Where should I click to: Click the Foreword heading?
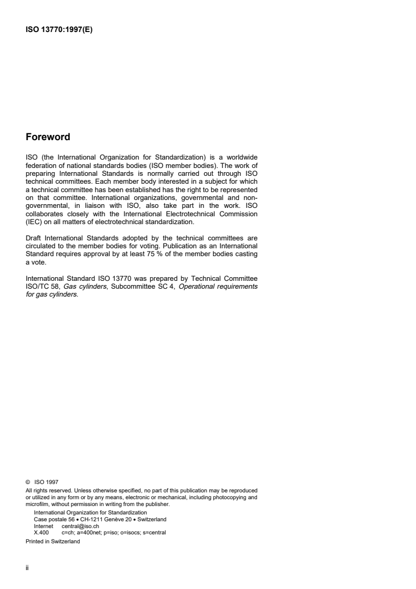[48, 138]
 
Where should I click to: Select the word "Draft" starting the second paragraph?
[35, 238]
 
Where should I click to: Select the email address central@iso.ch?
[80, 525]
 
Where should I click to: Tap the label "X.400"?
[41, 531]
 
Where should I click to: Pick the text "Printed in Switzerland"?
[53, 542]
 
